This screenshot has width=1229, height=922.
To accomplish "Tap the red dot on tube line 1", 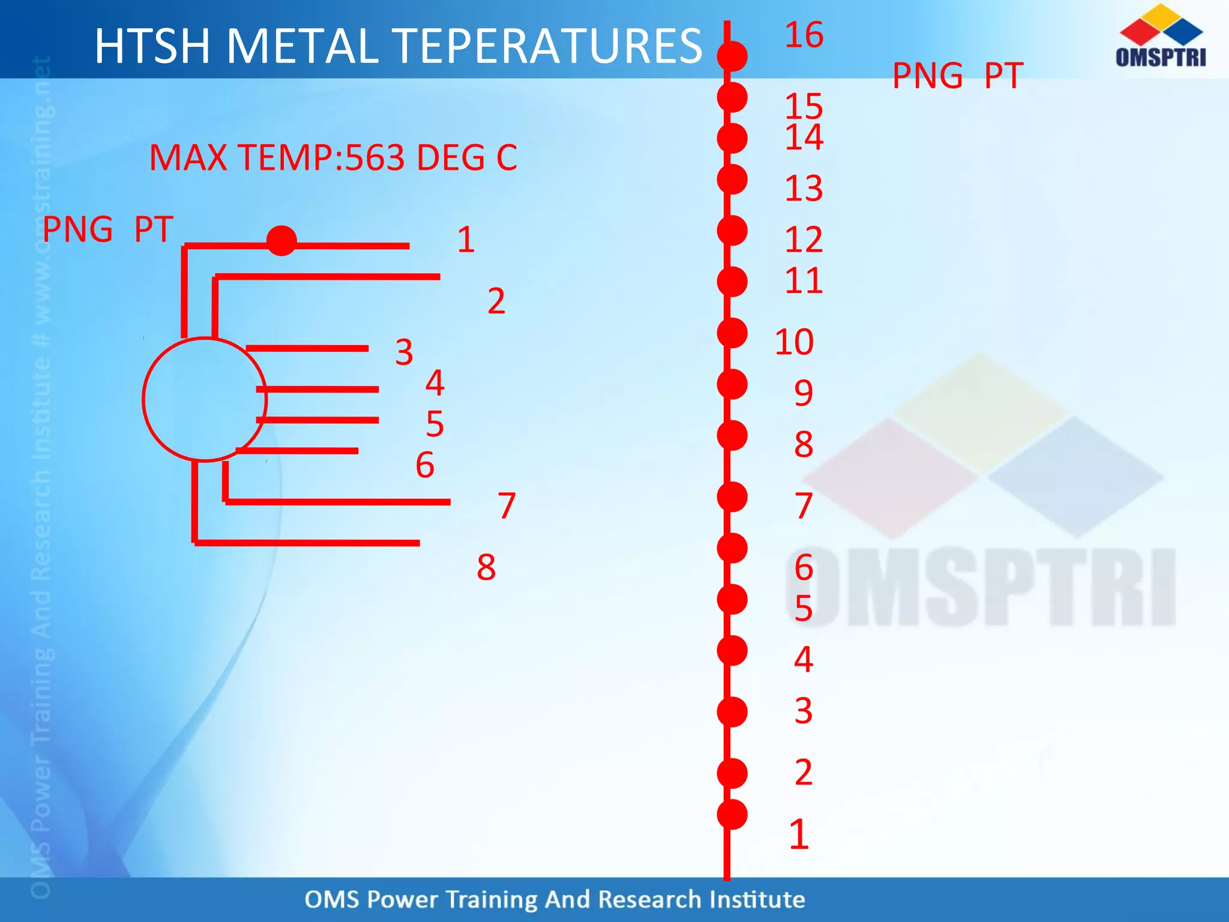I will [281, 241].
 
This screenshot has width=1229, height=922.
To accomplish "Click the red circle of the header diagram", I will [204, 400].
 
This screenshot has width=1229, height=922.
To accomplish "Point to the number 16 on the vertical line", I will [804, 35].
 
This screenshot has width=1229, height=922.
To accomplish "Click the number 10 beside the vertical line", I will [794, 342].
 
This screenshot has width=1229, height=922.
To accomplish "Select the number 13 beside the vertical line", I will [804, 188].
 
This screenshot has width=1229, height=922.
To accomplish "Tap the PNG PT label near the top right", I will [957, 76].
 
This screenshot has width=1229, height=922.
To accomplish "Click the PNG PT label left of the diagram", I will [108, 229].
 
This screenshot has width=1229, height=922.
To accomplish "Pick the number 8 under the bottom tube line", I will [486, 567].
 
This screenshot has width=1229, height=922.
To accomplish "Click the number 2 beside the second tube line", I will [496, 301].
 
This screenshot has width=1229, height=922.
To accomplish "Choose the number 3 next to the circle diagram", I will [404, 352].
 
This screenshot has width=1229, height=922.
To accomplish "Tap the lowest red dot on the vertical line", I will [732, 815].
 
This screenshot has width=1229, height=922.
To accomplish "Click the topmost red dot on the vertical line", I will [732, 56].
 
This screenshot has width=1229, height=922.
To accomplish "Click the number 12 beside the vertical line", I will [804, 240].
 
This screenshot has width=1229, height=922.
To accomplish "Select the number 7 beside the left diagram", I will [506, 505].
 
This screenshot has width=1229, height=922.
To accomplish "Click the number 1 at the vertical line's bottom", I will [799, 834].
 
